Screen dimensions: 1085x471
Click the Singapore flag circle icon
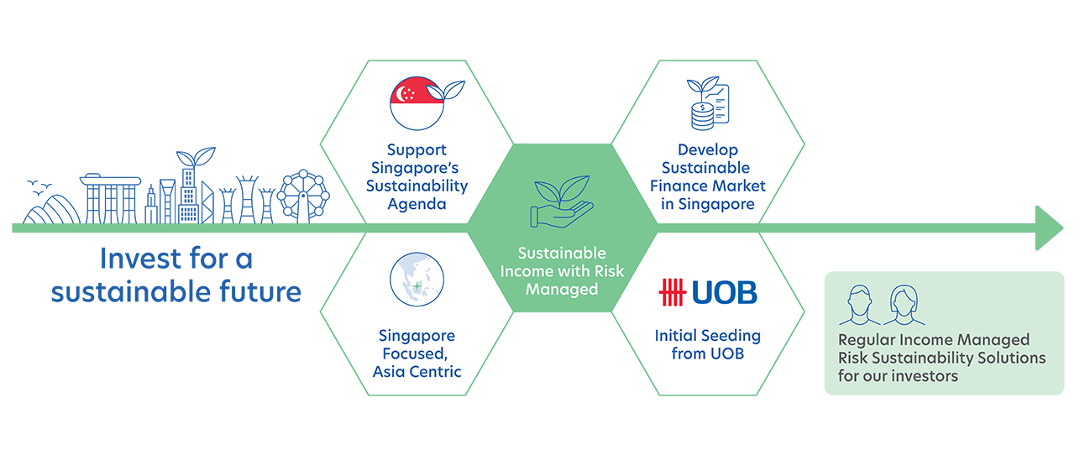[x=417, y=103]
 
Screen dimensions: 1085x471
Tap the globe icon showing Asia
[x=417, y=280]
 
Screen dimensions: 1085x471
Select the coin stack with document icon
[x=708, y=103]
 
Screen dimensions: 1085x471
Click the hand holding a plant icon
[x=562, y=201]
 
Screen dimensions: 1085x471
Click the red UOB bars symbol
[x=673, y=292]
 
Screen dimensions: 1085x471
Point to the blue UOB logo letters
[x=724, y=292]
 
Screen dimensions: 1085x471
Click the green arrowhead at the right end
[x=1049, y=228]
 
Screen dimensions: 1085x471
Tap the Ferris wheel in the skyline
[x=303, y=196]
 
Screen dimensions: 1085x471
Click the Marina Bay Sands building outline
[x=111, y=198]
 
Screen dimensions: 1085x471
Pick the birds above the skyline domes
[x=39, y=187]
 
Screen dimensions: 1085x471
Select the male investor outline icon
[x=859, y=305]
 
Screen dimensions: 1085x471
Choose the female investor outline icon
[x=904, y=305]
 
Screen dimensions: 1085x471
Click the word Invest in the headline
[x=140, y=258]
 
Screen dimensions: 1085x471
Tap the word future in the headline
[x=260, y=291]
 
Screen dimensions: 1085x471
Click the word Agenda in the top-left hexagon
[x=417, y=204]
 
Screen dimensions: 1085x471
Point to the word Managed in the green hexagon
[x=562, y=290]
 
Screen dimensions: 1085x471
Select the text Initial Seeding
[x=708, y=336]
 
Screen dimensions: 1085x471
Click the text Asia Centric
[x=417, y=371]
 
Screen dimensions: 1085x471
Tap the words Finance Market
[x=708, y=186]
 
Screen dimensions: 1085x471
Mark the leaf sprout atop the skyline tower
[x=196, y=157]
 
